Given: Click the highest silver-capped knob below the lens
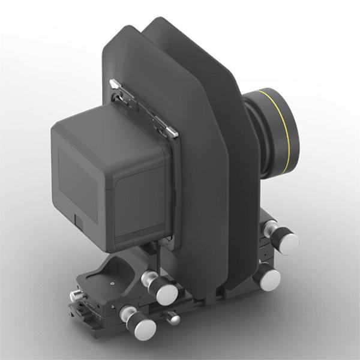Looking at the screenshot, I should coord(281,239).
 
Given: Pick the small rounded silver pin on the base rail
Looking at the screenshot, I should coord(174,319).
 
